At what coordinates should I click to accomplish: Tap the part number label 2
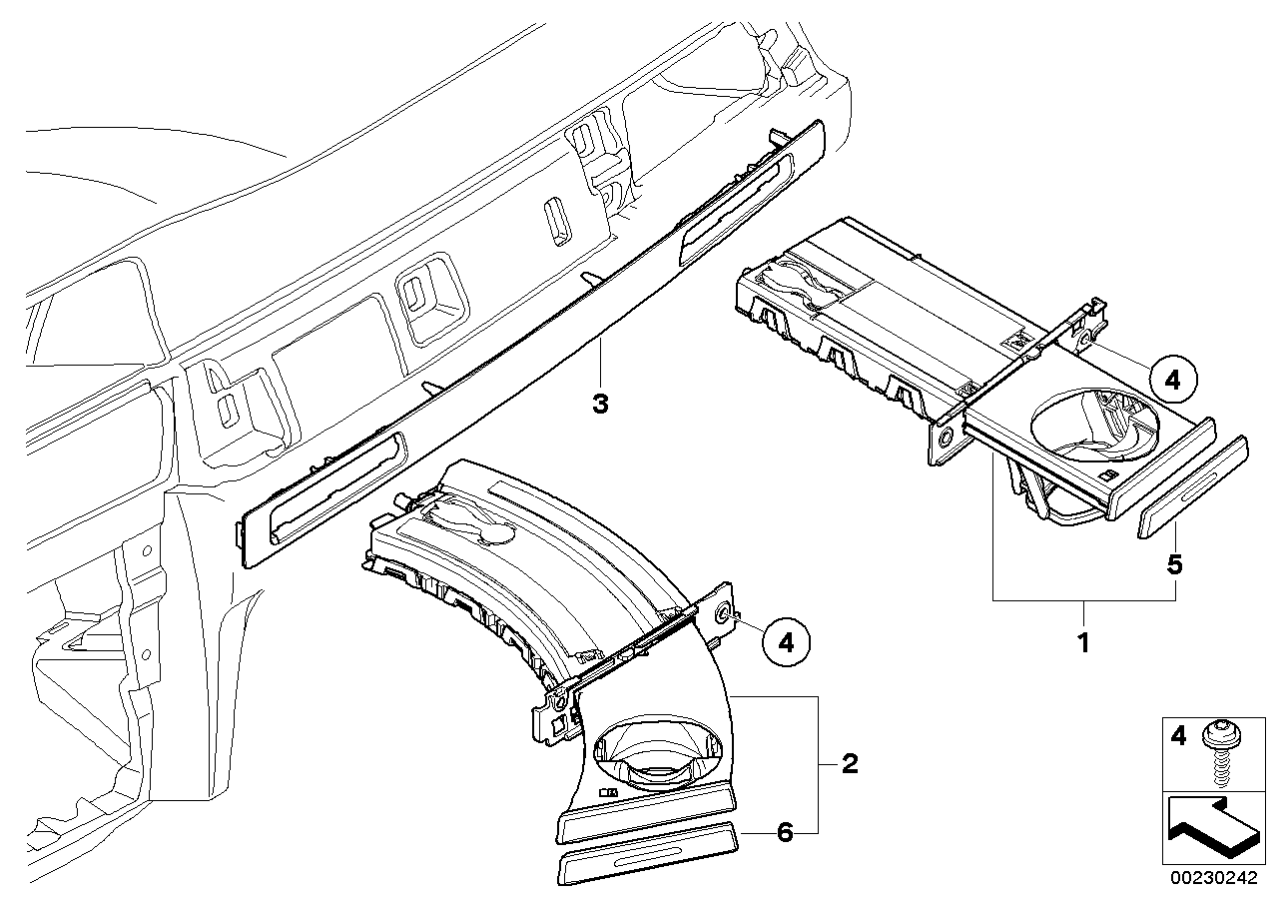tap(850, 764)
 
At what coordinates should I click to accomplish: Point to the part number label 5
tap(1175, 564)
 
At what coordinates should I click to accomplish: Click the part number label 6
tap(786, 832)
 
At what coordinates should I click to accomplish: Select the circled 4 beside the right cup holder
tap(1172, 379)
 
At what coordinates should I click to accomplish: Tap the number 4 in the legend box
tap(1179, 737)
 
